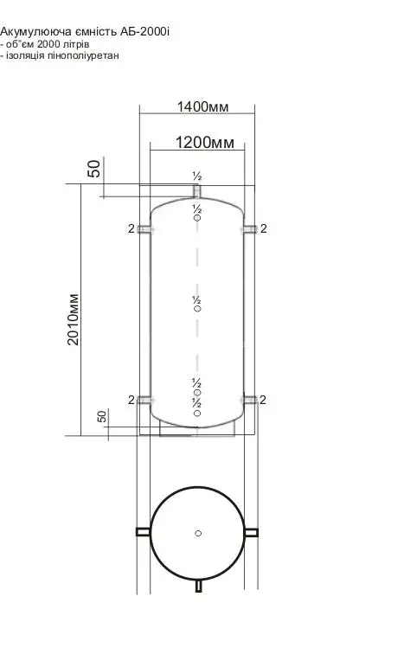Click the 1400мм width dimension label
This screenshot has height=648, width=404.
tap(202, 106)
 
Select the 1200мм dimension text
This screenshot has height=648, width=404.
tap(205, 143)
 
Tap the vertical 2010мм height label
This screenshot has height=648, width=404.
tap(74, 319)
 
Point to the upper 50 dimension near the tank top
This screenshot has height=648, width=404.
tap(94, 169)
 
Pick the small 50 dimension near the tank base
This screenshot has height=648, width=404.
tap(101, 416)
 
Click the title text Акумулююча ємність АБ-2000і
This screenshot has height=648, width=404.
tap(85, 31)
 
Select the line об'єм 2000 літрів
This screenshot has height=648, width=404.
tap(45, 44)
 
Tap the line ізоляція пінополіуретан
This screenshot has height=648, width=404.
tap(60, 55)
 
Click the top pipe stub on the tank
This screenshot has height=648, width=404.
tap(197, 191)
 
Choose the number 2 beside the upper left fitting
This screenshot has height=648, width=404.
tap(131, 228)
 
